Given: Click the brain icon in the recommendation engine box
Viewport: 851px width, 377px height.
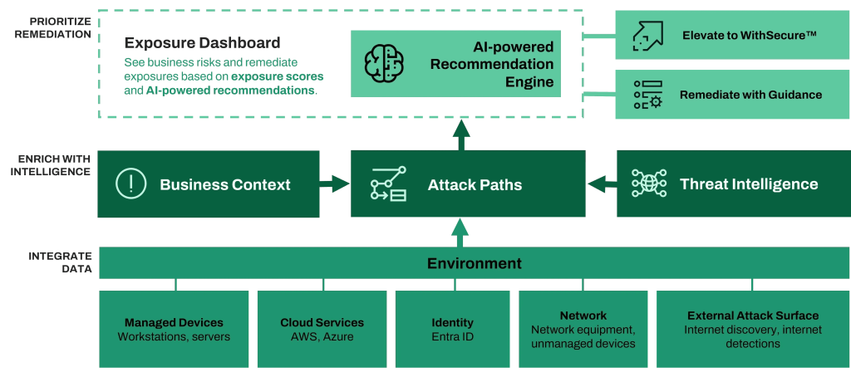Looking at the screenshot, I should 383,63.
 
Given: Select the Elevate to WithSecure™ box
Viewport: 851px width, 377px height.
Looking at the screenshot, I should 732,36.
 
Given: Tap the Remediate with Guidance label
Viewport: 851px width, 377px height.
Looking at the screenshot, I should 750,95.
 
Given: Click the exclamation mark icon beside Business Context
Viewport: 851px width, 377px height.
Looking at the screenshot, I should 130,184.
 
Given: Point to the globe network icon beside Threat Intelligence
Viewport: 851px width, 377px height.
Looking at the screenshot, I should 649,184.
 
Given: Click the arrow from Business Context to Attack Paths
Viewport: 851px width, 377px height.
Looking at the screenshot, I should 335,184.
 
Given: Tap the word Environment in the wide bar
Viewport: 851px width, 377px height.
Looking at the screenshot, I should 475,263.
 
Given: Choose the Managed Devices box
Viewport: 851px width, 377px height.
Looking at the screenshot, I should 174,329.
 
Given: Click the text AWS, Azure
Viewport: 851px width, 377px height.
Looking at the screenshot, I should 322,336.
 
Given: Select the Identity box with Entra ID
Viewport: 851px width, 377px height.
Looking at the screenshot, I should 452,329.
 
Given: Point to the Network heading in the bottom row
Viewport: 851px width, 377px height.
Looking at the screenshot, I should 583,316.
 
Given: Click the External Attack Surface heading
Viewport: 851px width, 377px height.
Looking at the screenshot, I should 752,316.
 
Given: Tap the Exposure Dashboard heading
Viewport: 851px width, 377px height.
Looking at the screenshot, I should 202,42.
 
